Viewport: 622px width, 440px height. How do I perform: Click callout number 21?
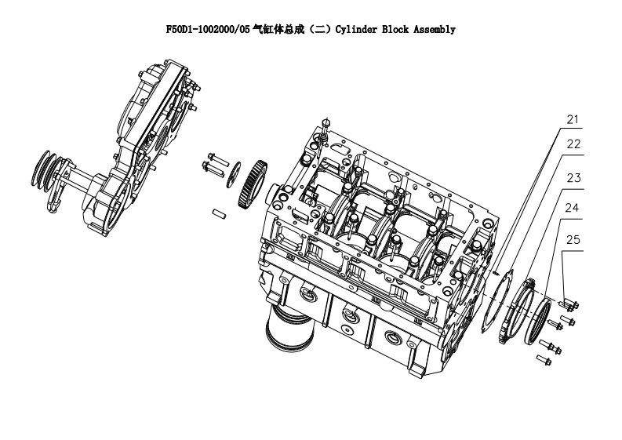coord(573,119)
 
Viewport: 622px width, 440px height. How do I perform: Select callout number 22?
coord(573,144)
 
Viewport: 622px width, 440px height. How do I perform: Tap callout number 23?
coord(573,178)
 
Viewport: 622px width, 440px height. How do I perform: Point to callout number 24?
coord(572,208)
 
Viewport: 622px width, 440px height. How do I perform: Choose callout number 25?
coord(573,240)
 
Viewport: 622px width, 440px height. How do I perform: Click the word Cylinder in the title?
coord(356,30)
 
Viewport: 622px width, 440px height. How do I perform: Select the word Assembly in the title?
coord(435,30)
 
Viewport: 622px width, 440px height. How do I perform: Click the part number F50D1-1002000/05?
coord(208,29)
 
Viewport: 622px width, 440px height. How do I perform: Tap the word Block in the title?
coord(395,29)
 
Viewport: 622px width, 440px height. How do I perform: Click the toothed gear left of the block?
coord(253,184)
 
